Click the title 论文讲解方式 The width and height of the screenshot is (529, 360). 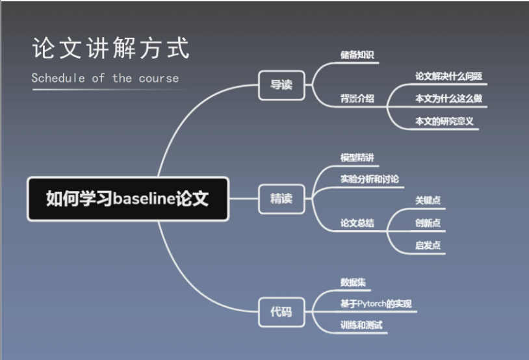point(111,49)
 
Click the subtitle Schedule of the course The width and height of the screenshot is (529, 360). point(105,78)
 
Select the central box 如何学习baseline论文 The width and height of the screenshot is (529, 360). point(127,199)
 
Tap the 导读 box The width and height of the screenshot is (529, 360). point(281,84)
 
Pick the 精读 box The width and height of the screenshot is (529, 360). point(281,199)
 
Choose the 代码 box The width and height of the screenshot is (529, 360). point(281,312)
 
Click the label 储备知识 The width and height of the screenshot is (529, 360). point(357,55)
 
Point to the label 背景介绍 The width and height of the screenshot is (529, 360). point(357,99)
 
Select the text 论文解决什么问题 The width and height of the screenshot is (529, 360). point(448,76)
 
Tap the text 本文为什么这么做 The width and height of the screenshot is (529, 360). point(448,99)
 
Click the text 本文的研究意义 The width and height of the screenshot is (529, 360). point(445,121)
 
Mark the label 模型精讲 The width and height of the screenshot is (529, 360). point(357,158)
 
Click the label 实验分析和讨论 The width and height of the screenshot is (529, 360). point(370,179)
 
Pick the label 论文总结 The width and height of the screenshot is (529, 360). point(357,223)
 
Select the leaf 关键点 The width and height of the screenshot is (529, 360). point(428,201)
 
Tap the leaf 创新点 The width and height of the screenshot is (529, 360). point(428,223)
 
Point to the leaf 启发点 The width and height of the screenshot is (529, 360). point(428,245)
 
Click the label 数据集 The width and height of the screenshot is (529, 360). point(353,283)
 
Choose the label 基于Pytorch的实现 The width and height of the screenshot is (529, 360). point(376,303)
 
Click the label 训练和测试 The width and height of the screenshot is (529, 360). point(361,325)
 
